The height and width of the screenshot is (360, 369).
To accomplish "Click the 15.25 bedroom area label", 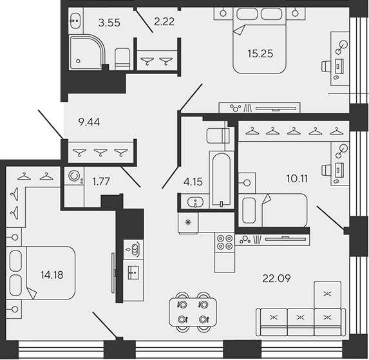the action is pyautogui.click(x=260, y=53).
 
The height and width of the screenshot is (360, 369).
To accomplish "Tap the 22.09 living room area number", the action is pyautogui.click(x=276, y=278).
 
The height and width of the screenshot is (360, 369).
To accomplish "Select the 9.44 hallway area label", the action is pyautogui.click(x=89, y=122).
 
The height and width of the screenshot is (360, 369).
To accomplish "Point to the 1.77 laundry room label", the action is pyautogui.click(x=101, y=182).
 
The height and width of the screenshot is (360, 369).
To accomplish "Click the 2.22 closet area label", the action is pyautogui.click(x=164, y=22).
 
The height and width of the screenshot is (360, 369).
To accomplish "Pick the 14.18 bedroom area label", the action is pyautogui.click(x=52, y=275).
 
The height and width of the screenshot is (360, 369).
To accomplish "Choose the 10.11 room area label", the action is pyautogui.click(x=297, y=179).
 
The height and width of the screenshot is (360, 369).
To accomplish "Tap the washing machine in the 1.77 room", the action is pyautogui.click(x=74, y=176).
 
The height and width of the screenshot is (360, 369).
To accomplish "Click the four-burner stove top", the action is pyautogui.click(x=225, y=242).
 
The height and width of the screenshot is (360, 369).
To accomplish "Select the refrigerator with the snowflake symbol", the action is pyautogui.click(x=188, y=223).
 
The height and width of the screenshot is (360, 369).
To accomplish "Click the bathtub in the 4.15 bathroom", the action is pyautogui.click(x=222, y=180).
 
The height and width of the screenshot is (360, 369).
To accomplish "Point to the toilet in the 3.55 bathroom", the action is pyautogui.click(x=122, y=59).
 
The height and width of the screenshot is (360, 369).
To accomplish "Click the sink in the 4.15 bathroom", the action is pyautogui.click(x=195, y=202).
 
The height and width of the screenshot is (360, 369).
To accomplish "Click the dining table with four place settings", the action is pyautogui.click(x=193, y=312).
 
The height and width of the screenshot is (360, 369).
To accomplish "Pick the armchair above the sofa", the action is pyautogui.click(x=327, y=294).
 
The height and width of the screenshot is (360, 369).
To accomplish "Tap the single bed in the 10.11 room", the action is pyautogui.click(x=273, y=211).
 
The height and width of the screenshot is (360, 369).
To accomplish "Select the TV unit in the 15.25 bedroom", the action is pyautogui.click(x=260, y=108).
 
